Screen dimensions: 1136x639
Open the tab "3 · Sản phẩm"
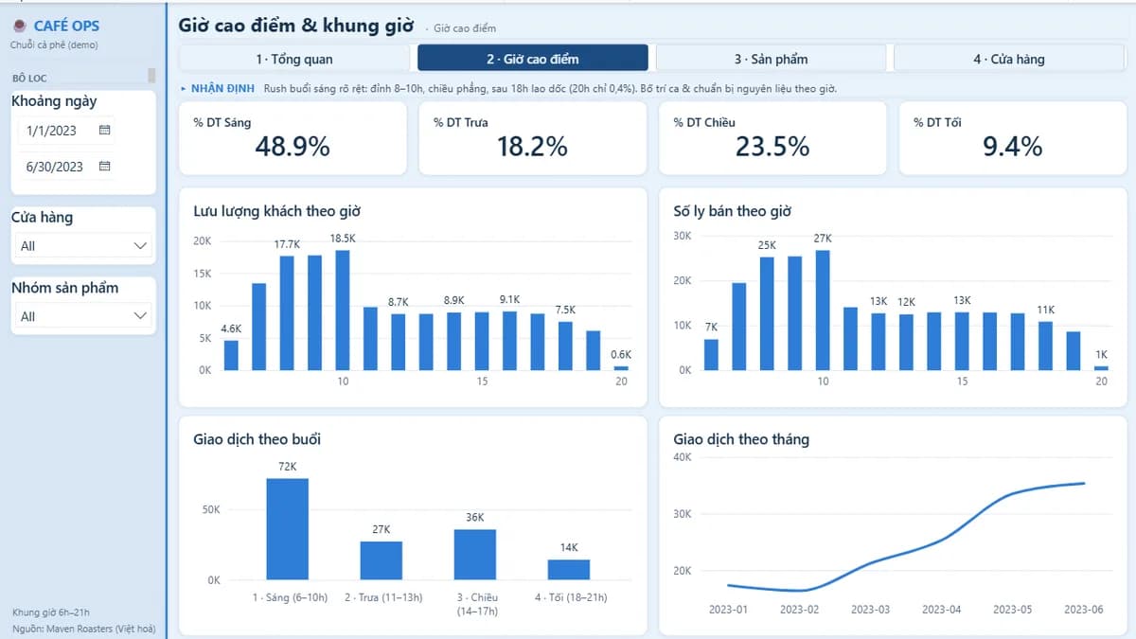pyautogui.click(x=771, y=59)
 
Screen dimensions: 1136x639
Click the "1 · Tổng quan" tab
pyautogui.click(x=294, y=59)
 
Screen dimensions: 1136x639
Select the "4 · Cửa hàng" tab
pyautogui.click(x=1009, y=59)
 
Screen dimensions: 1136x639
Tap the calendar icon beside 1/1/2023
pyautogui.click(x=104, y=130)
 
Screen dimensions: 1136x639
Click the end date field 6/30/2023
pyautogui.click(x=54, y=167)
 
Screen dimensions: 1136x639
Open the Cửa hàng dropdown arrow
pyautogui.click(x=140, y=246)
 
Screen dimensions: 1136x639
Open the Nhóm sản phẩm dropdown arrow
pyautogui.click(x=140, y=316)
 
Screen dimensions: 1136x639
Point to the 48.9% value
pyautogui.click(x=293, y=147)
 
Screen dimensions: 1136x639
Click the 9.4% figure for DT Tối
pyautogui.click(x=1012, y=147)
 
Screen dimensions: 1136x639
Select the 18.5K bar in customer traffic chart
pyautogui.click(x=343, y=311)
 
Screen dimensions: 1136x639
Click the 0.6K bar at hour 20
pyautogui.click(x=621, y=368)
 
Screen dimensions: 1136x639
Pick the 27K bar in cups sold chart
pyautogui.click(x=823, y=311)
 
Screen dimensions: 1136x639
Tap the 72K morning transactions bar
pyautogui.click(x=288, y=529)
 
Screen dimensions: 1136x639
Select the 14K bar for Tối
pyautogui.click(x=569, y=570)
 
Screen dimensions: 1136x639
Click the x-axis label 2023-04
pyautogui.click(x=941, y=609)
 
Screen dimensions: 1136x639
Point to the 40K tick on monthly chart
pyautogui.click(x=683, y=457)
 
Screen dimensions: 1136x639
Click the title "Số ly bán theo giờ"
pyautogui.click(x=732, y=211)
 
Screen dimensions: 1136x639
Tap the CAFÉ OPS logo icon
pyautogui.click(x=20, y=26)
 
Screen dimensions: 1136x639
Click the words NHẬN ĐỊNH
pyautogui.click(x=222, y=88)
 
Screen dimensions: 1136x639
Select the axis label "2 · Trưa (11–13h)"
pyautogui.click(x=383, y=597)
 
